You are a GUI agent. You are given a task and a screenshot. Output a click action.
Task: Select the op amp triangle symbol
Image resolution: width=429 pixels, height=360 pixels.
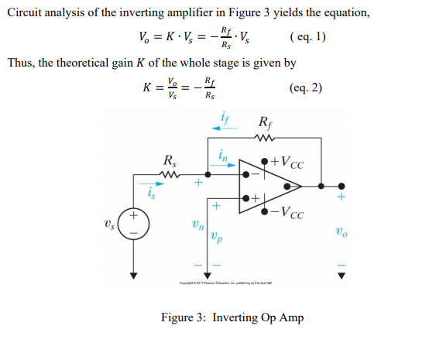(267, 186)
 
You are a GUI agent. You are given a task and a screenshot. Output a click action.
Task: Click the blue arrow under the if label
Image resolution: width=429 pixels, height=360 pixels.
(221, 129)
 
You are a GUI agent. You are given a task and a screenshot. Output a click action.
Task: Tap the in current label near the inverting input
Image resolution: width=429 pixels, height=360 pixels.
(223, 156)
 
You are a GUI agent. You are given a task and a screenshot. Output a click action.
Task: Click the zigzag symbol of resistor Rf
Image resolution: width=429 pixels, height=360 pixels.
(263, 140)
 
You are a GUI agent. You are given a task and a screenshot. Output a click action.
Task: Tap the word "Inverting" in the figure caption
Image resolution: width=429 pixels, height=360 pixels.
(235, 317)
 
